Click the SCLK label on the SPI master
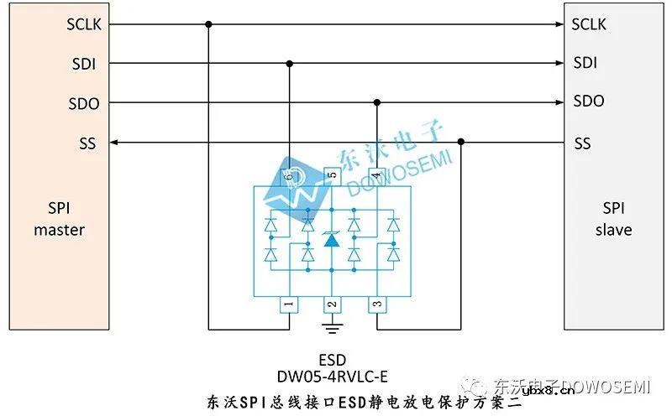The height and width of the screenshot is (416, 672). coord(84,24)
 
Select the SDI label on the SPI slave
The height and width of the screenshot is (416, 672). coord(585,63)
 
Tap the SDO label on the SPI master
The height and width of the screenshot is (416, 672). coord(84,104)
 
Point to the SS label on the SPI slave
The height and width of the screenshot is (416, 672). coord(582,143)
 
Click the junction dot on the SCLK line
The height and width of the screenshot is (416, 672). coord(208,24)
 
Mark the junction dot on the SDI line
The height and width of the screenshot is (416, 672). coord(290,63)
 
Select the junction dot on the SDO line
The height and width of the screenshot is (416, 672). coord(377,102)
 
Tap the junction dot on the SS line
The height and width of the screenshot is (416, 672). coord(461,143)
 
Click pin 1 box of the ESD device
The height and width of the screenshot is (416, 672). coord(288,304)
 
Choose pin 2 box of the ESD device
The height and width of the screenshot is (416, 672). coord(332,304)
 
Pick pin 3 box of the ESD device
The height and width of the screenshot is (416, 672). coord(376,304)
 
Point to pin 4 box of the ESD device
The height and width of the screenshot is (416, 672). coord(376,175)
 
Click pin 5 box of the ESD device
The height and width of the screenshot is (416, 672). coord(332,175)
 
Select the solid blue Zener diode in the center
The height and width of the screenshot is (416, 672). coord(332,239)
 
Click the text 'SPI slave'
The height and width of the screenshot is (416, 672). coord(613,218)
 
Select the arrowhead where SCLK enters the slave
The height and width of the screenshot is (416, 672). coord(558,24)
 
